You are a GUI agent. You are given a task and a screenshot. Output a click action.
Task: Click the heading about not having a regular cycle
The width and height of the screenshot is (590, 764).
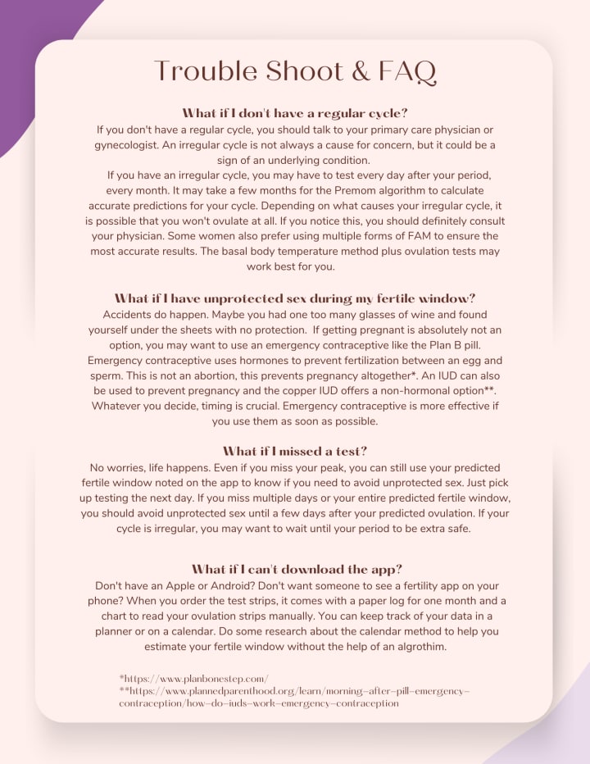tap(295, 113)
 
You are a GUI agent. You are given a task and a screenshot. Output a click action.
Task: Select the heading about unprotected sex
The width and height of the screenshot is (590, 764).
tap(295, 298)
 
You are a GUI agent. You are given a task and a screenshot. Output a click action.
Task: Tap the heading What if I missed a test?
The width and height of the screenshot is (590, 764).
tap(295, 451)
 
